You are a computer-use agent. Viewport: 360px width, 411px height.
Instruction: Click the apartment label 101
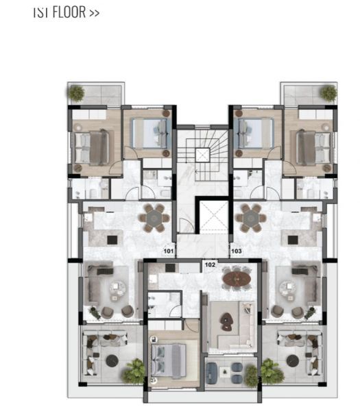pyautogui.click(x=169, y=251)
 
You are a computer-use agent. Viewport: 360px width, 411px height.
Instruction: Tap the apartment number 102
pyautogui.click(x=210, y=264)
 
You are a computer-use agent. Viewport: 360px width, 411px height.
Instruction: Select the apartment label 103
pyautogui.click(x=237, y=251)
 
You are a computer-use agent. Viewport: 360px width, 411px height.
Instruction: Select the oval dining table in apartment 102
pyautogui.click(x=237, y=279)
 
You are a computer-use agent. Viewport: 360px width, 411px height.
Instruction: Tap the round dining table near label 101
pyautogui.click(x=154, y=217)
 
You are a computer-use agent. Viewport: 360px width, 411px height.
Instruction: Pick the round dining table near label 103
pyautogui.click(x=251, y=217)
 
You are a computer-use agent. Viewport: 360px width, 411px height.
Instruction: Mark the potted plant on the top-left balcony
pyautogui.click(x=77, y=93)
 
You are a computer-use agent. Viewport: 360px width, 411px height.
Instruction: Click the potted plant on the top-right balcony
pyautogui.click(x=328, y=93)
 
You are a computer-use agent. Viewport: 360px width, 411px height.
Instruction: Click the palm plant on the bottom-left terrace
pyautogui.click(x=135, y=372)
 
